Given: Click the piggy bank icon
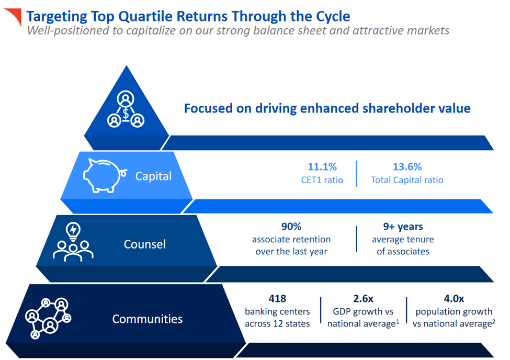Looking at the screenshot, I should point(105,175).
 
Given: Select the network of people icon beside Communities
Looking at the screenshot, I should point(48,317).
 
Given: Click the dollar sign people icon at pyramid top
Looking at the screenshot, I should point(126,110).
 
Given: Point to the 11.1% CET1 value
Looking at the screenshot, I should point(322,167).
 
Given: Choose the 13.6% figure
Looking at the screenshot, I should point(407,167).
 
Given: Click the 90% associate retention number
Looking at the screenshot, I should point(291,227).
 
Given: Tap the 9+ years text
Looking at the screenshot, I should point(403,227).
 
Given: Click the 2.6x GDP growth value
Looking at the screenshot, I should point(363,299).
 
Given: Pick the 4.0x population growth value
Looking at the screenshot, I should point(454,299).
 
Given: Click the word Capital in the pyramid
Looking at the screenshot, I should point(153,176).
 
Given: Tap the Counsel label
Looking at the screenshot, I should point(145,244).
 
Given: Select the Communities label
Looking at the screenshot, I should point(147,319).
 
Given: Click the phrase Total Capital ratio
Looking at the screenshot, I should point(407,180).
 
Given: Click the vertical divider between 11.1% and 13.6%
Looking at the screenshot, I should point(357,173).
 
